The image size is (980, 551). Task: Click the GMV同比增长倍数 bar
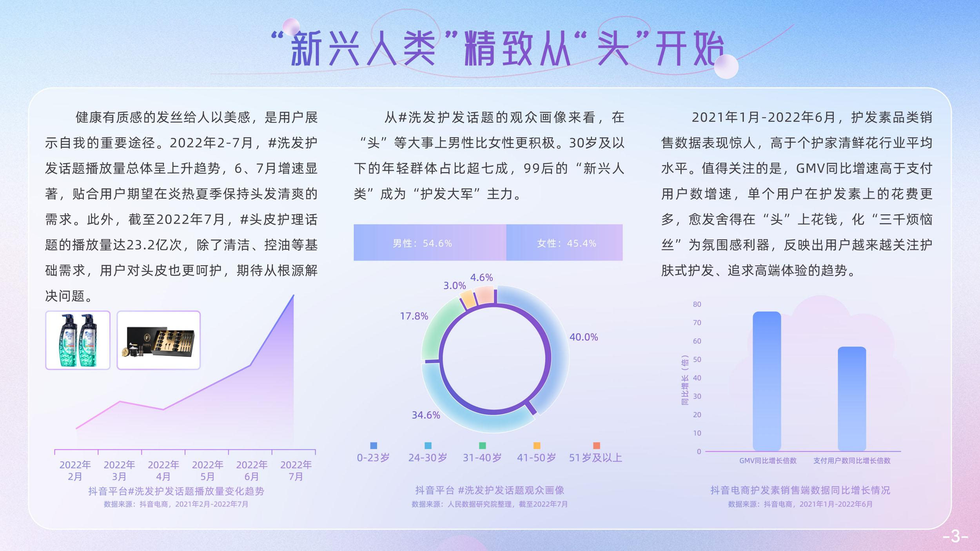point(767,381)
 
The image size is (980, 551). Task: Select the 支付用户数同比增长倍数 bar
point(852,399)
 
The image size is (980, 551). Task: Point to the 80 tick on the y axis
point(697,304)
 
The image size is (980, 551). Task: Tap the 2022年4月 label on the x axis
point(163,470)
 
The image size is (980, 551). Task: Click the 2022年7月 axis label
point(296,470)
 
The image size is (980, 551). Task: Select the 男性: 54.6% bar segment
point(430,243)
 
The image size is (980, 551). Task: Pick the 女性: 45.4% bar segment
point(564,243)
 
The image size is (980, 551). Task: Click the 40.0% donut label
point(584,337)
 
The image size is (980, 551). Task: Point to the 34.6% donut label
point(426,415)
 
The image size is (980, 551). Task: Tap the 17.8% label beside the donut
point(414,316)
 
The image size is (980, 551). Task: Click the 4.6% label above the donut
point(481,277)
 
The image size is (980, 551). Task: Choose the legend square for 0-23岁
point(374,446)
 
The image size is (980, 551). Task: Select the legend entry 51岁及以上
point(596,457)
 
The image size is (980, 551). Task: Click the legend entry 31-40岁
point(482,457)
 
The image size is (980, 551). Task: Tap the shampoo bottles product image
point(78,340)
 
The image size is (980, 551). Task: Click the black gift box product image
point(158,340)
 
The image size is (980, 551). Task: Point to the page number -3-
point(956,536)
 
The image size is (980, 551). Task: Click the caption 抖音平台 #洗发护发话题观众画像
point(490,490)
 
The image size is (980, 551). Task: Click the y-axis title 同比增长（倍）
point(685,380)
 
